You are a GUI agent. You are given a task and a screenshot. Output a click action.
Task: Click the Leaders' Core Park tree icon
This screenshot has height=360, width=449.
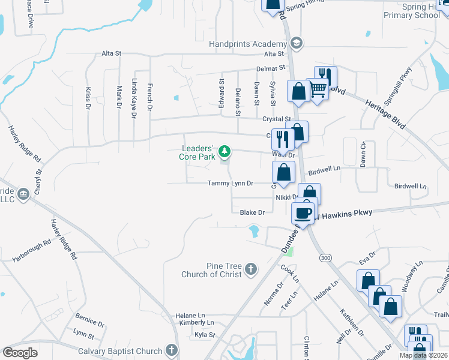pos(224,151)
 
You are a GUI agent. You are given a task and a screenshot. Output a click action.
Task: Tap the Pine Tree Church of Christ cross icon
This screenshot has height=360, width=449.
pos(250,269)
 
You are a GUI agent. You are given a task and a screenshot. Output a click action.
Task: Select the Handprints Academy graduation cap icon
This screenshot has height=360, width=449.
pos(295,43)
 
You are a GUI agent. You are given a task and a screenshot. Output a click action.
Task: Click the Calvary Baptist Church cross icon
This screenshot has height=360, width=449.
pos(172,350)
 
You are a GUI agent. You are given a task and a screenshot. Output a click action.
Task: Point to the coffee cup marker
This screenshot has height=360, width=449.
pos(303,212)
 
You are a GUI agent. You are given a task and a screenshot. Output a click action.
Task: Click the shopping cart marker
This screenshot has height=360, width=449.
pos(318,89)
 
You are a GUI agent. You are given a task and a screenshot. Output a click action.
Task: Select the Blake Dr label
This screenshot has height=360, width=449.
pos(252,212)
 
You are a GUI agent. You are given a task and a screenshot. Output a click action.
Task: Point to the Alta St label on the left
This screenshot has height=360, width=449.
pos(112,53)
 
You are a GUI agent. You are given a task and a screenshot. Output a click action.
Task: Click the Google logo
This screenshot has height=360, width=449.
pos(20,353)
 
